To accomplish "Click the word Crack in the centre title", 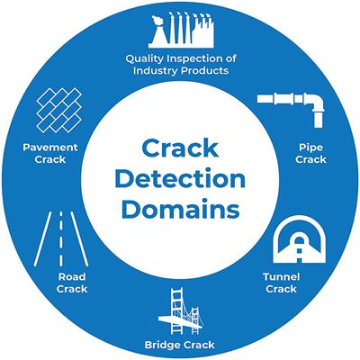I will [180, 147].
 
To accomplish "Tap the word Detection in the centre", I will [180, 178].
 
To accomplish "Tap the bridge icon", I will [180, 310].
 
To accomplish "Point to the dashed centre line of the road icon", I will [61, 238].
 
